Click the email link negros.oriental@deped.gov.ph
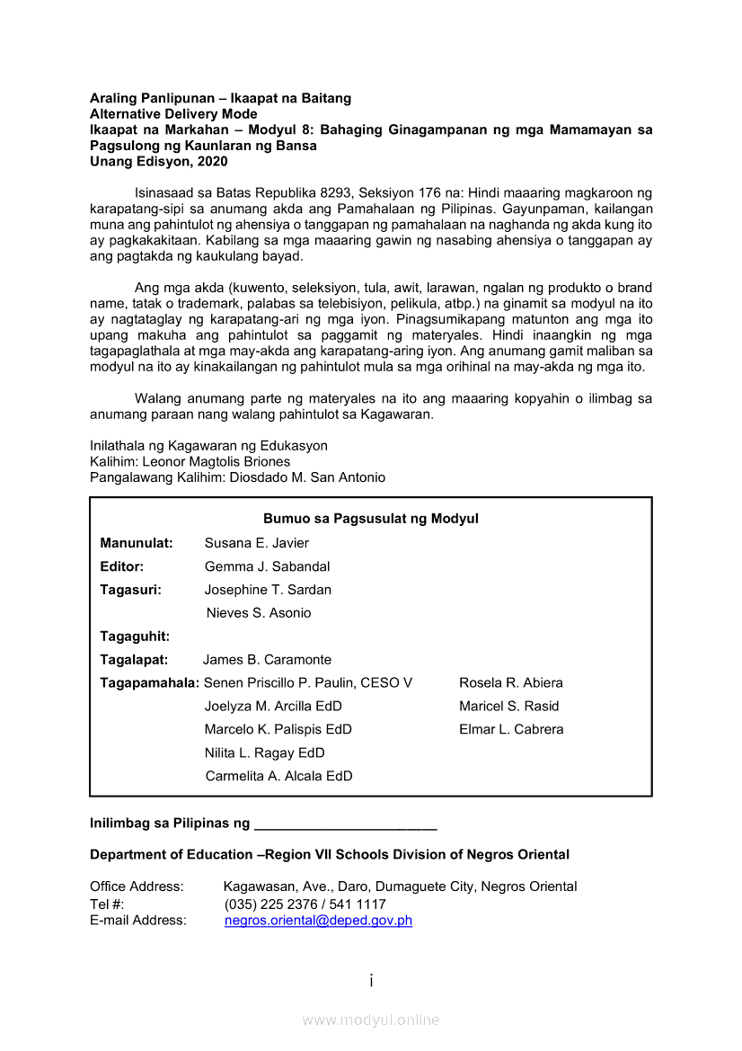coord(318,921)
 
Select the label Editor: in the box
coord(121,566)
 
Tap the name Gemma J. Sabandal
coord(267,566)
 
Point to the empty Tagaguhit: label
coord(135,637)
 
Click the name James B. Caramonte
coord(267,660)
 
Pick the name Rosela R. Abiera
coord(511,683)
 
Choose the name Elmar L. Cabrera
coord(511,730)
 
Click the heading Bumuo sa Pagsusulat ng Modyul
coord(370,519)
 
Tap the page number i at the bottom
coord(371,980)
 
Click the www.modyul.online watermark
coord(371,1020)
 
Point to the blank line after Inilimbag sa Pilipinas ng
coord(346,824)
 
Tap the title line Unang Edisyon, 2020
coord(159,162)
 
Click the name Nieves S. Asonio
coord(259,613)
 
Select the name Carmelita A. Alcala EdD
coord(278,777)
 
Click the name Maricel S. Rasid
coord(508,707)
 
